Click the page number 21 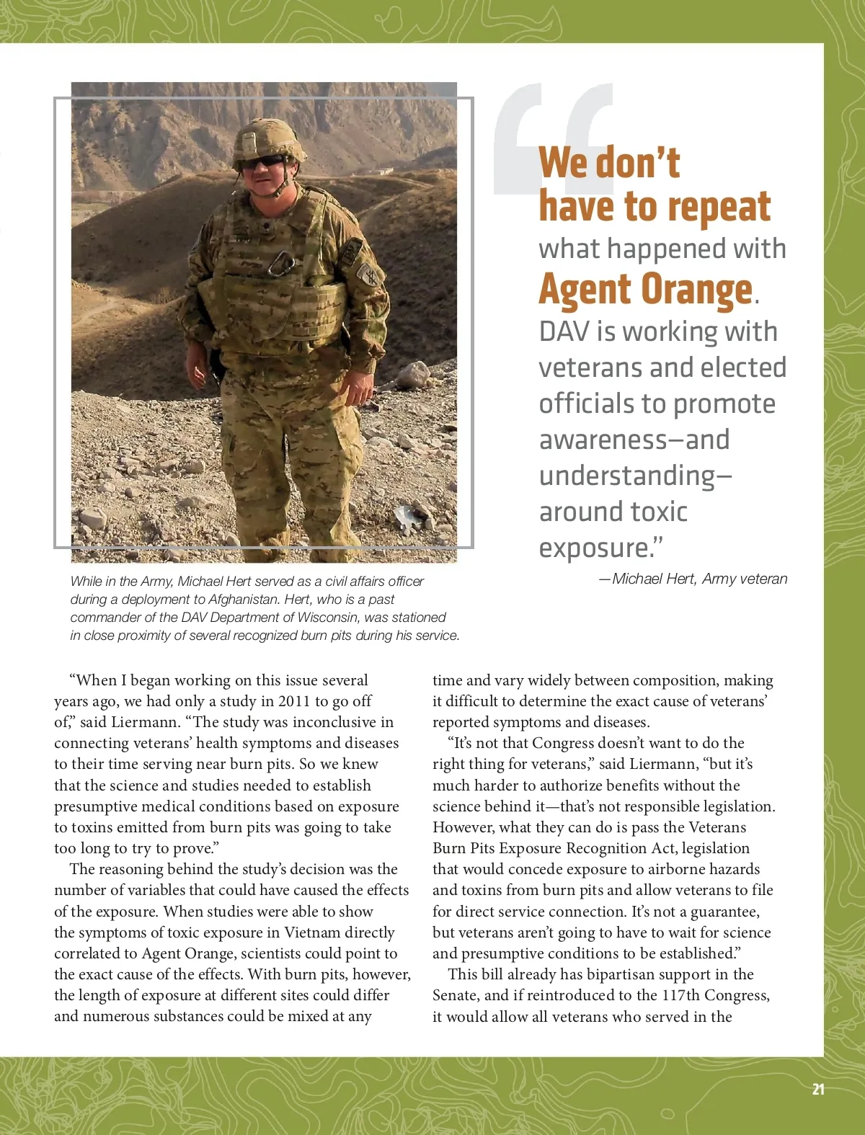click(818, 1089)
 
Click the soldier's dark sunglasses click(263, 162)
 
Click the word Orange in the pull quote click(696, 290)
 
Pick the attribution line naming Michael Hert click(693, 579)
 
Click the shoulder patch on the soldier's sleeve click(369, 275)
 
